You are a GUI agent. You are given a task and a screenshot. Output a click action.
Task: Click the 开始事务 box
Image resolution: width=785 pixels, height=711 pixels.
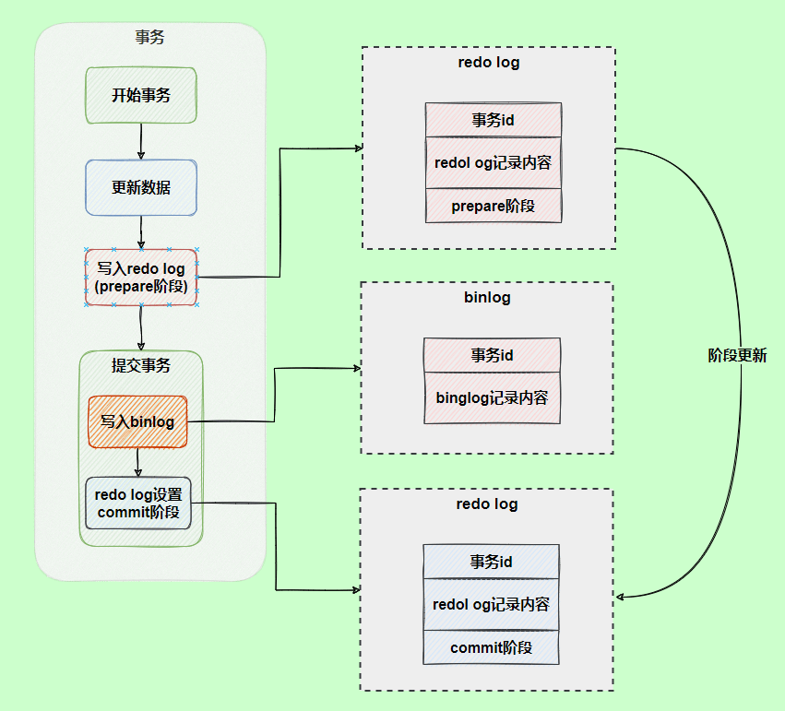pyautogui.click(x=141, y=95)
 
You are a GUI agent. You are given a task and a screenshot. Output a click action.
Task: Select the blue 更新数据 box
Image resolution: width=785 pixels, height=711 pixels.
pyautogui.click(x=141, y=187)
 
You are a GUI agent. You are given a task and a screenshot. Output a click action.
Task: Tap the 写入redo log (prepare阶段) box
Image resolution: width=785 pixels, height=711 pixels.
pyautogui.click(x=141, y=278)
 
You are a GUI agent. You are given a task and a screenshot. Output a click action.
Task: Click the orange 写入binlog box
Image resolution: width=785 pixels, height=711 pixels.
pyautogui.click(x=137, y=421)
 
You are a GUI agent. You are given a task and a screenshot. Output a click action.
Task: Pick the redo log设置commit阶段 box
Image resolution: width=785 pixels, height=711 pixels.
pyautogui.click(x=138, y=503)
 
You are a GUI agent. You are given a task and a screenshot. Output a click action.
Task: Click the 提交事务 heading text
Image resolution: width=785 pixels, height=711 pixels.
pyautogui.click(x=141, y=365)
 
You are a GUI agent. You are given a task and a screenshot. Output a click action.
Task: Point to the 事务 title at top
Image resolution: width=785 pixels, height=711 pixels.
pyautogui.click(x=150, y=38)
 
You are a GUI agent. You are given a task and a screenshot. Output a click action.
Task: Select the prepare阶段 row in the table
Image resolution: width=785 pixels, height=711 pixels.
pyautogui.click(x=493, y=206)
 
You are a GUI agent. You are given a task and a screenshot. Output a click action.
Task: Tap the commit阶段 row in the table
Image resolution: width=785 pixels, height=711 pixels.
pyautogui.click(x=491, y=647)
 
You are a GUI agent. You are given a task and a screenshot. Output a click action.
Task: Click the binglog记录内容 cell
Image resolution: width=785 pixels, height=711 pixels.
pyautogui.click(x=492, y=398)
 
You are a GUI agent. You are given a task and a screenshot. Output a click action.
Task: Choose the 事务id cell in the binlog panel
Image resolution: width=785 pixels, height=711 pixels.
pyautogui.click(x=492, y=355)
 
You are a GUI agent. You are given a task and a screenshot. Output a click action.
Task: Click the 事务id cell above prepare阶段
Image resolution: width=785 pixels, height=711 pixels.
pyautogui.click(x=493, y=120)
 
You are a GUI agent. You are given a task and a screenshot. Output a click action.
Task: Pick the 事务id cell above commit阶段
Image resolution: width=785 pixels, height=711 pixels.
pyautogui.click(x=491, y=562)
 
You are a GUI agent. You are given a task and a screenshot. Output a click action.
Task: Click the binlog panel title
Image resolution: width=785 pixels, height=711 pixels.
pyautogui.click(x=487, y=298)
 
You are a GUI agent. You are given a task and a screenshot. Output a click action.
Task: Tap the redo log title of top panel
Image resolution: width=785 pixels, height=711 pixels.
pyautogui.click(x=488, y=63)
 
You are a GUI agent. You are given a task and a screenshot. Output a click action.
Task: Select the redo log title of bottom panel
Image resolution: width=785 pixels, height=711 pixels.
pyautogui.click(x=487, y=504)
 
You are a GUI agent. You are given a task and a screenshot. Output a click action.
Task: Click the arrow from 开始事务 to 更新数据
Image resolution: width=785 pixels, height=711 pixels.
pyautogui.click(x=141, y=141)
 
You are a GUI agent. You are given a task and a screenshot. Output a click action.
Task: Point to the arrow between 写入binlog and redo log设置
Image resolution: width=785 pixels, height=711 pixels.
pyautogui.click(x=137, y=462)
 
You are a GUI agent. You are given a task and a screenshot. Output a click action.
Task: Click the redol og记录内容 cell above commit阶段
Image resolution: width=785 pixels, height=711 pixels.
pyautogui.click(x=491, y=605)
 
